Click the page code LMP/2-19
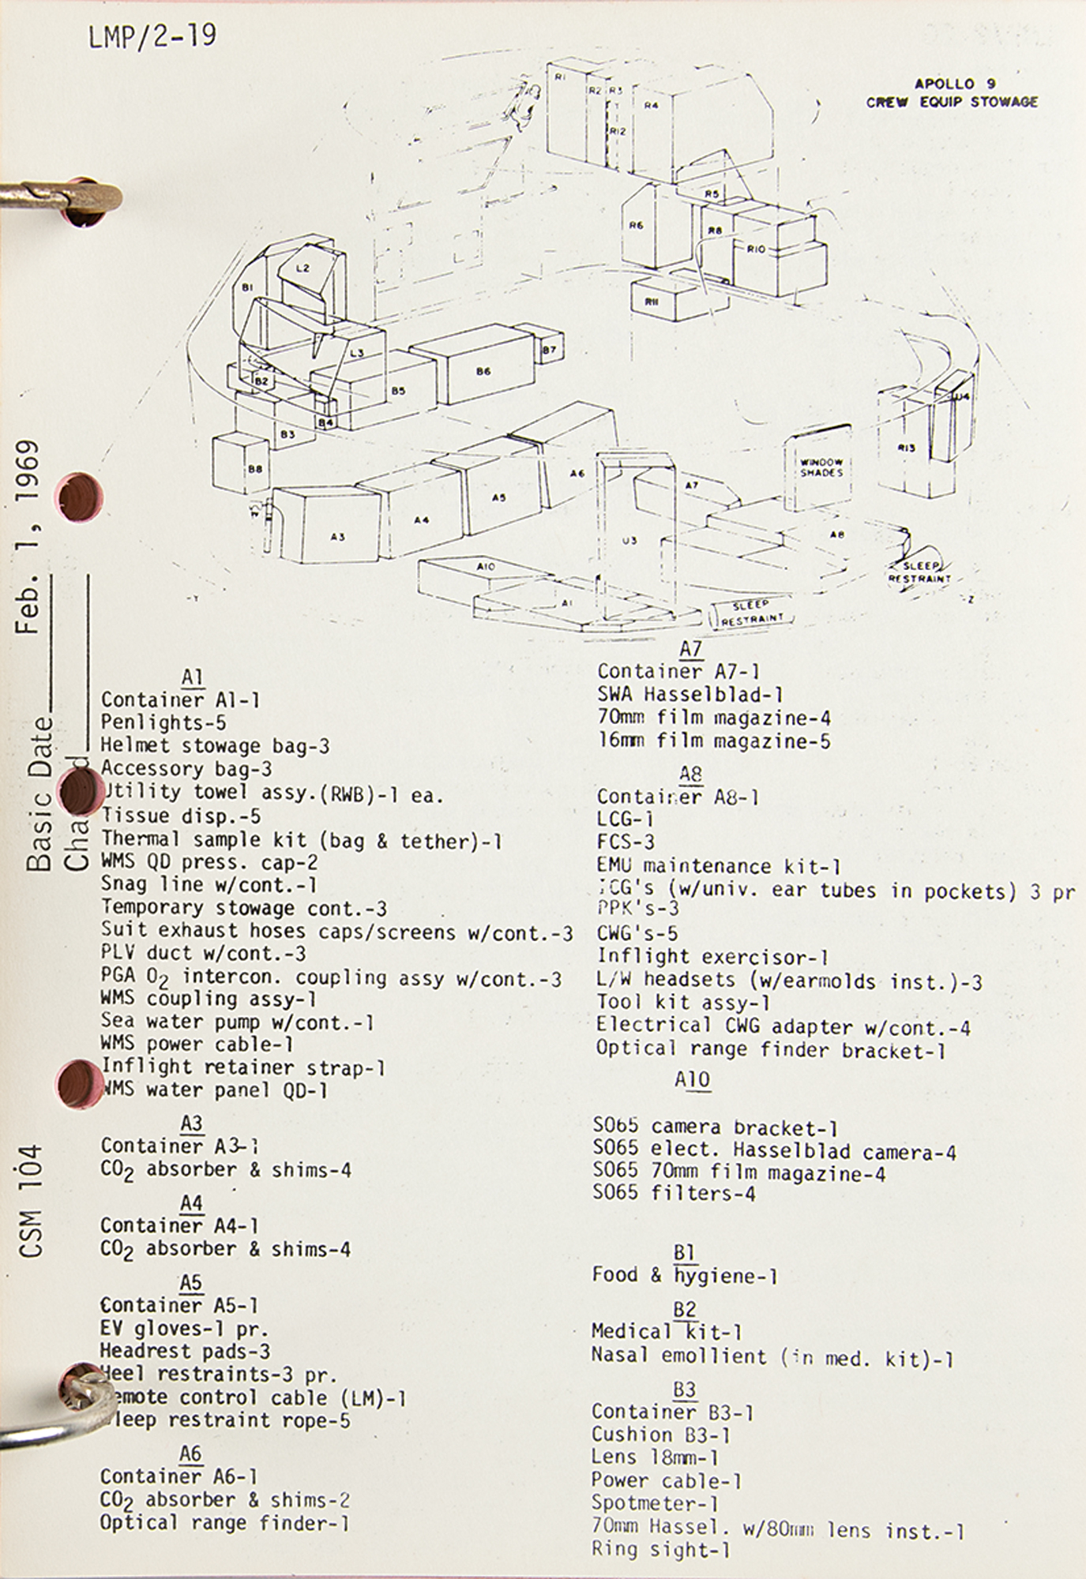tap(152, 36)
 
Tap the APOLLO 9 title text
tap(955, 84)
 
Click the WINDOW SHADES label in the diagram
tap(821, 467)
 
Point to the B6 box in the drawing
tap(483, 371)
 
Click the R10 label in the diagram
tap(756, 249)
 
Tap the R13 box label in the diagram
tap(907, 448)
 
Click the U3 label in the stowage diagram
tap(629, 541)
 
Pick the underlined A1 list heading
tap(192, 677)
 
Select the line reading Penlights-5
tap(163, 722)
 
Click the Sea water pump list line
tap(237, 1022)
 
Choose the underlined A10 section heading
tap(693, 1079)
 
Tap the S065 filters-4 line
tap(674, 1193)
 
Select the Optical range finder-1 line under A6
tap(224, 1523)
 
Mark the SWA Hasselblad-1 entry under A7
tap(690, 695)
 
